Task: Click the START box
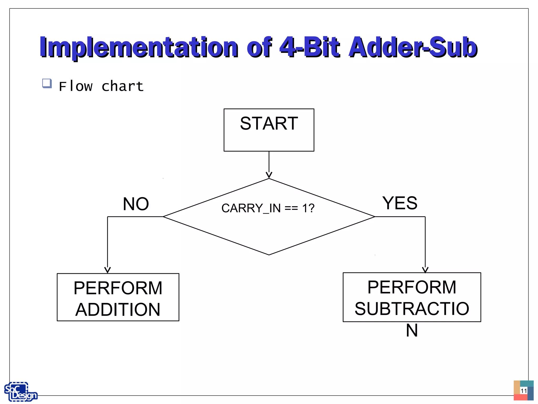[x=269, y=130]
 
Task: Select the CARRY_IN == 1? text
[x=268, y=208]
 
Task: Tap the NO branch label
[x=136, y=204]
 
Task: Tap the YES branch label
[x=400, y=203]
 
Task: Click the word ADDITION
[x=118, y=310]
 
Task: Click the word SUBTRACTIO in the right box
[x=412, y=309]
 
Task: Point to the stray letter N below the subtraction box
[x=412, y=330]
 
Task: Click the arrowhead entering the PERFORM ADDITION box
[x=107, y=270]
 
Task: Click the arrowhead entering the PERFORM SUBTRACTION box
[x=425, y=270]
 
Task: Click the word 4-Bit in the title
[x=309, y=47]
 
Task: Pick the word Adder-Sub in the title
[x=412, y=47]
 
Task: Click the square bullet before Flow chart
[x=47, y=83]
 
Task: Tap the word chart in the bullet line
[x=122, y=87]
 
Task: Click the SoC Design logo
[x=20, y=392]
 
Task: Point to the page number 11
[x=524, y=391]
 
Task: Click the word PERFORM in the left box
[x=118, y=288]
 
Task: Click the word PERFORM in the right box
[x=412, y=287]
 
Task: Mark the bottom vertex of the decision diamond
[x=269, y=255]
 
